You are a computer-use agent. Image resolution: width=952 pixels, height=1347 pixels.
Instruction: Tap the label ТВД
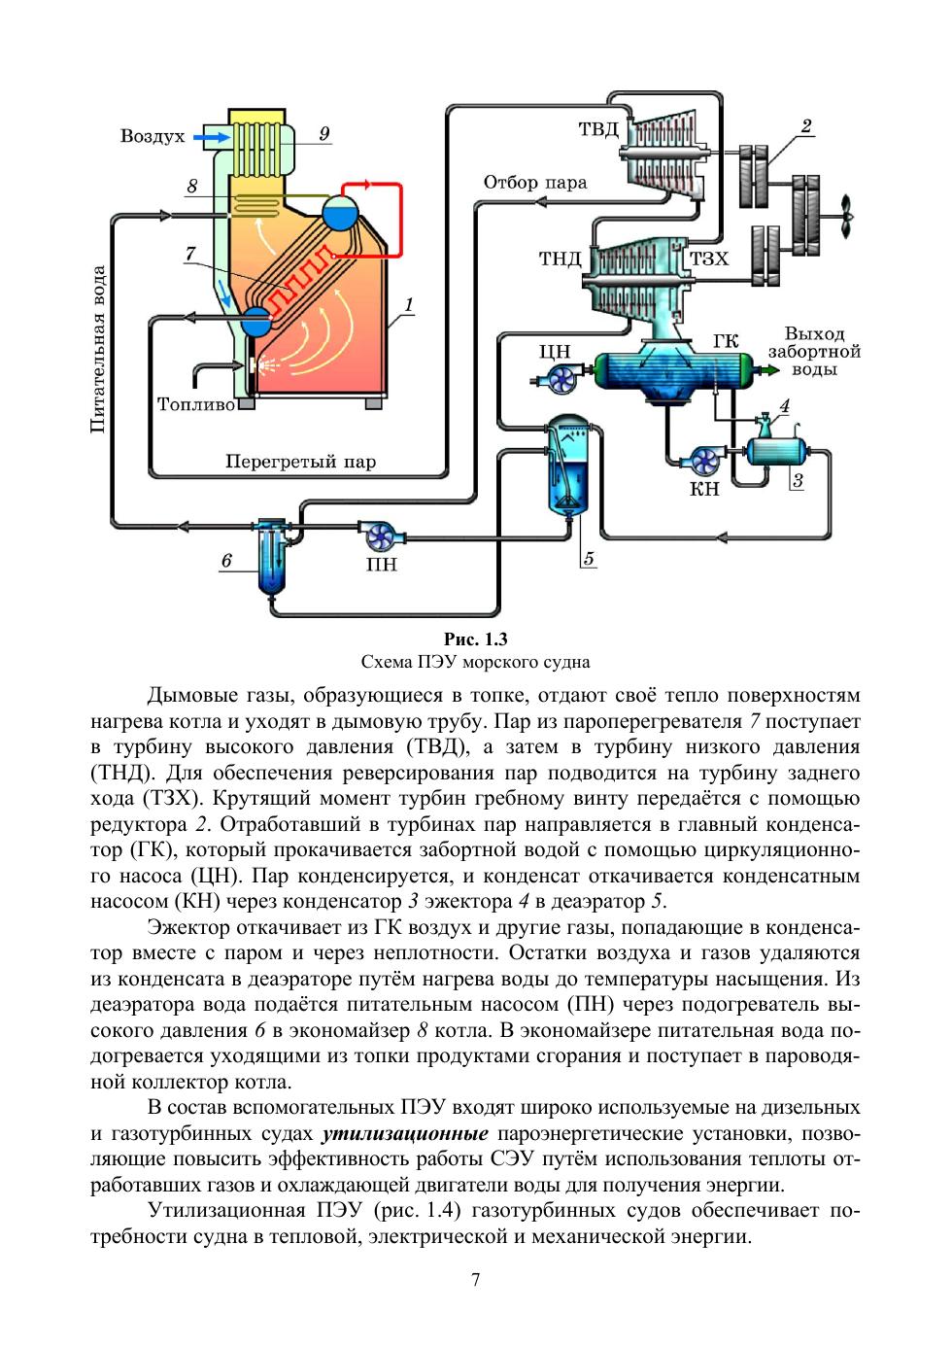(598, 129)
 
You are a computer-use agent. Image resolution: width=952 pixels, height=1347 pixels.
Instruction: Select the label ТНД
(561, 259)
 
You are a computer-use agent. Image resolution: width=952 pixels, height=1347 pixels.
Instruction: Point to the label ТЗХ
(709, 259)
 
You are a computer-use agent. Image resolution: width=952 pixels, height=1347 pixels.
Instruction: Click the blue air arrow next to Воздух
(212, 138)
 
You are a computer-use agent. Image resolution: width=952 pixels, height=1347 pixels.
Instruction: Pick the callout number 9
(323, 133)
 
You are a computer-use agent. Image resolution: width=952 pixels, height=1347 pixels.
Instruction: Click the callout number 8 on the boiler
(192, 186)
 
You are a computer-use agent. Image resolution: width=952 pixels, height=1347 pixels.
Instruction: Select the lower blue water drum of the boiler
(256, 321)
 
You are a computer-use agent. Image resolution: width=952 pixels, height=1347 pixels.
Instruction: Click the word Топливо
(196, 404)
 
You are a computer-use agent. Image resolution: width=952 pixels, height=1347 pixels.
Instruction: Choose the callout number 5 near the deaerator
(589, 558)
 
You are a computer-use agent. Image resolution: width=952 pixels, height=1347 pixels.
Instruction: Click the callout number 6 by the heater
(226, 561)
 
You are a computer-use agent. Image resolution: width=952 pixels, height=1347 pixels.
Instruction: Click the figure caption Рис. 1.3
(475, 639)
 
